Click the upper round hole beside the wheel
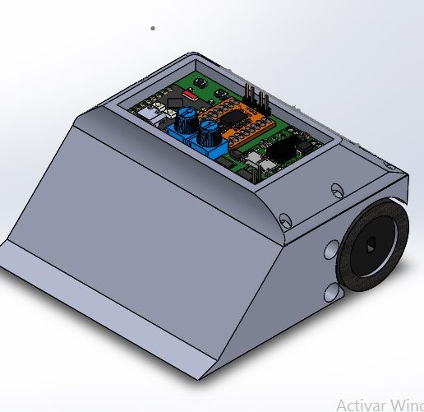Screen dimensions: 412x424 coord(333,249)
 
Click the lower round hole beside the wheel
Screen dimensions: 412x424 coord(331,291)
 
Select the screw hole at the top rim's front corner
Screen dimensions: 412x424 coord(284,220)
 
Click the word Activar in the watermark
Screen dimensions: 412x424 coord(362,405)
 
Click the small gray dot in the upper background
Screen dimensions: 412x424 coord(153,28)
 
